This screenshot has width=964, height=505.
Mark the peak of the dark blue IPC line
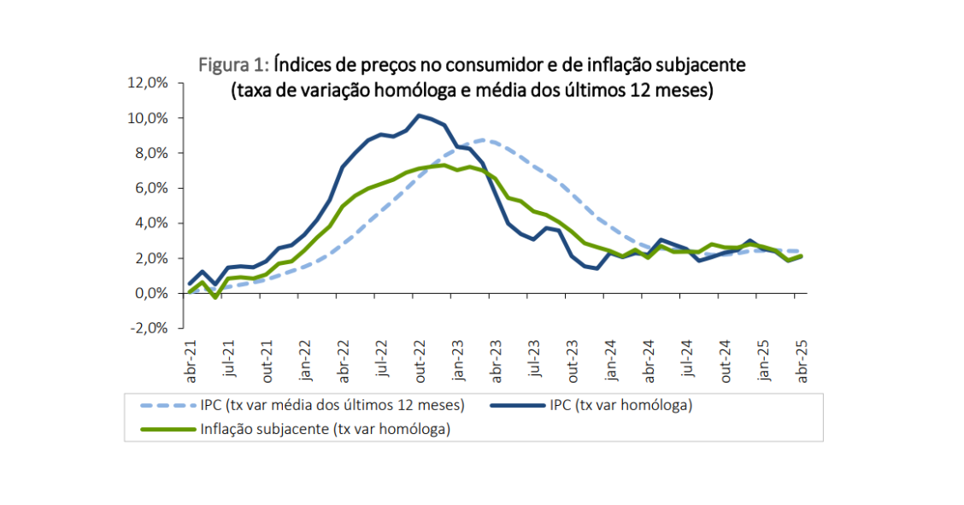[x=419, y=115]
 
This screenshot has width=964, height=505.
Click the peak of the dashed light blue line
[x=484, y=139]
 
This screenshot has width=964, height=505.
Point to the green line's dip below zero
[x=215, y=297]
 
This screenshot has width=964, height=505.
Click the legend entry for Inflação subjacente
[x=325, y=429]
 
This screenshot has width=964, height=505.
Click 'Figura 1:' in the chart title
[x=234, y=66]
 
